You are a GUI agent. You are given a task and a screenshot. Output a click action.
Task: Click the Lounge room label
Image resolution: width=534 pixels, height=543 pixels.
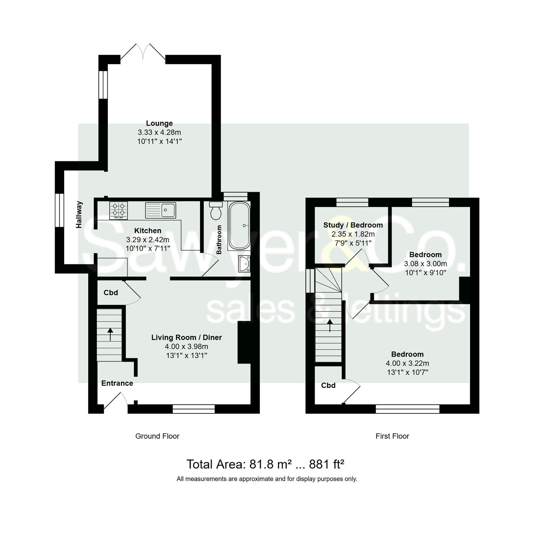click(x=159, y=123)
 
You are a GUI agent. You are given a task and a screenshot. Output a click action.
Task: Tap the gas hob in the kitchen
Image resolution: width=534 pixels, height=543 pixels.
click(x=118, y=210)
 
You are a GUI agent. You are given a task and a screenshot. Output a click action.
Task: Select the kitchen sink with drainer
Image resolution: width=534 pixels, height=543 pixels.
click(x=160, y=210)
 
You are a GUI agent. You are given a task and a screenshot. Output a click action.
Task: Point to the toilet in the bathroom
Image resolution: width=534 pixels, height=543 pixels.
click(x=216, y=211)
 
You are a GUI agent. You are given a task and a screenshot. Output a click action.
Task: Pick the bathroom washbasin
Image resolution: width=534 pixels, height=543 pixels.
click(x=244, y=264)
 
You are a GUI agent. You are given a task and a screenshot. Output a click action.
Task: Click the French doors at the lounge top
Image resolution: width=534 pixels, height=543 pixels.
click(x=143, y=52)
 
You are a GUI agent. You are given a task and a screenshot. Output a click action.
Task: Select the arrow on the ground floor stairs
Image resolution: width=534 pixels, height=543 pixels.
click(x=110, y=334)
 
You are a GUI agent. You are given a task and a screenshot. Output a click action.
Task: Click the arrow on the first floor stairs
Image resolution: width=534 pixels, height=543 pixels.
click(x=330, y=325)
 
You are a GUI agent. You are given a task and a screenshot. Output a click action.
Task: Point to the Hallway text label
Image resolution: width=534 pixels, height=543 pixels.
click(x=79, y=215)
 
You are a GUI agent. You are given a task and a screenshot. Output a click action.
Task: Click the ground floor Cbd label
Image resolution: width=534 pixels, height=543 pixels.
click(x=111, y=293)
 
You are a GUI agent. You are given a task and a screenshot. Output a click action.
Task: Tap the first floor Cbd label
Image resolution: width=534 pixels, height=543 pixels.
click(x=328, y=386)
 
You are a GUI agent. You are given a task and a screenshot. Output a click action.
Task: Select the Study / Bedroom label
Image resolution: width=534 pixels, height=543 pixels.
click(x=353, y=225)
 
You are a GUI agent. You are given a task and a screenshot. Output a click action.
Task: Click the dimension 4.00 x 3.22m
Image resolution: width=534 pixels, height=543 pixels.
click(x=407, y=363)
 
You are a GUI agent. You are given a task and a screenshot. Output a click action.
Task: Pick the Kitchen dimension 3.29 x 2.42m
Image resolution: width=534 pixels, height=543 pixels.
click(x=148, y=240)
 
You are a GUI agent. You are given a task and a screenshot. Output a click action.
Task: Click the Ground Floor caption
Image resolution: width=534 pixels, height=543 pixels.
click(x=157, y=436)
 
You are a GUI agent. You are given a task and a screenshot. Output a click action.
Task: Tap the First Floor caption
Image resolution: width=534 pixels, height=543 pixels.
click(x=392, y=436)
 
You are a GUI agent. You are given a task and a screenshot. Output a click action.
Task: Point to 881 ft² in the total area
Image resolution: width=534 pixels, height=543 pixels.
click(x=327, y=465)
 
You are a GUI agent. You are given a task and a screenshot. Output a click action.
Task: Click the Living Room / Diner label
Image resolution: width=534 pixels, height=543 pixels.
click(x=187, y=338)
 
